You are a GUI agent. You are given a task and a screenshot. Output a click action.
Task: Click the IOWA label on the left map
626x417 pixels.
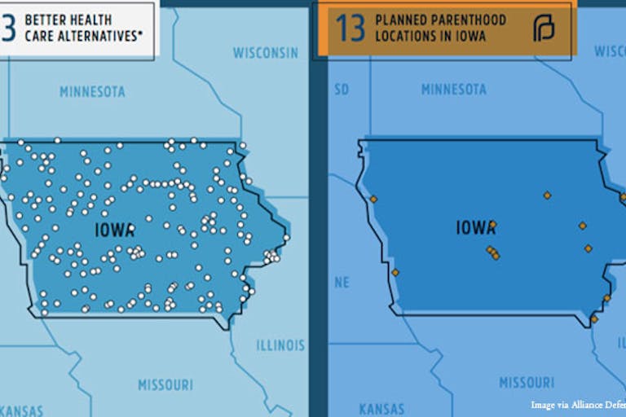pyautogui.click(x=114, y=230)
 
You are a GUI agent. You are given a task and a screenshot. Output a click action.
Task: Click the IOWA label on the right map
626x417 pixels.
pyautogui.click(x=476, y=227)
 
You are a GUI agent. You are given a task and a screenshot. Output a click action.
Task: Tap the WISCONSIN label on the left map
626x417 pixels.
pyautogui.click(x=266, y=53)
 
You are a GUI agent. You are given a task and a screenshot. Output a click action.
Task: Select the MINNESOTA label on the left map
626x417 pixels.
pyautogui.click(x=92, y=91)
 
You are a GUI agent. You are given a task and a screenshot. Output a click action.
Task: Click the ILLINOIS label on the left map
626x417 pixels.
pyautogui.click(x=280, y=345)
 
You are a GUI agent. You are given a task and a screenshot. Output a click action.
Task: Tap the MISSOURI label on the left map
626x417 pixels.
pyautogui.click(x=165, y=384)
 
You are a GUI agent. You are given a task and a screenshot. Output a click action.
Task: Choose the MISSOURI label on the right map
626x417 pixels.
pyautogui.click(x=527, y=382)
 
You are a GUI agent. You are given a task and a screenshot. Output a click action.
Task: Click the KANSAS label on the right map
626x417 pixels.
pyautogui.click(x=381, y=409)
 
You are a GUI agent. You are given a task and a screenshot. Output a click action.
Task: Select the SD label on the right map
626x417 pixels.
pyautogui.click(x=342, y=90)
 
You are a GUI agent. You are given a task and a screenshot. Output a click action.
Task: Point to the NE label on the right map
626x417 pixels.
pyautogui.click(x=342, y=283)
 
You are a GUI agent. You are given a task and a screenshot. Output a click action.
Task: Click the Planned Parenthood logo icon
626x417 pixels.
pyautogui.click(x=543, y=29)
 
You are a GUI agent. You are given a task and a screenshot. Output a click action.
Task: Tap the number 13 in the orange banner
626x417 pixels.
pyautogui.click(x=350, y=28)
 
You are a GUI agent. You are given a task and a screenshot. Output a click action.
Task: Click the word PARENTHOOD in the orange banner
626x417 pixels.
pyautogui.click(x=470, y=20)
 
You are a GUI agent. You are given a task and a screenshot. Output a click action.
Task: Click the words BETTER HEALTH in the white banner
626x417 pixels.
pyautogui.click(x=68, y=19)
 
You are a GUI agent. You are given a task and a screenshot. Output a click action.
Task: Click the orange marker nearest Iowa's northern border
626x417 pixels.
pyautogui.click(x=547, y=195)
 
